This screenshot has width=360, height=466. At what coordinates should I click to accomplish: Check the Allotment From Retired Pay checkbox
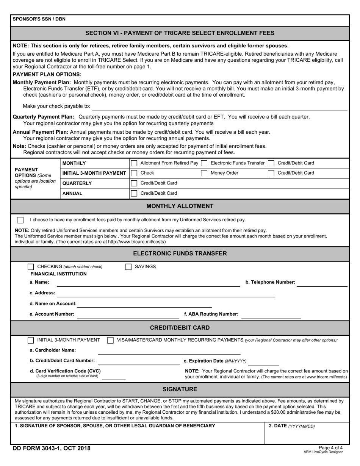(x=134, y=163)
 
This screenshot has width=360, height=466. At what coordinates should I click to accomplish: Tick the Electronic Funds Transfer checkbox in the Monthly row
(x=204, y=163)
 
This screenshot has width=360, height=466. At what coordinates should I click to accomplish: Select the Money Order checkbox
(x=204, y=173)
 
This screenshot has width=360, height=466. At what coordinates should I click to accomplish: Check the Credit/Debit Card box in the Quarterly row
(x=134, y=183)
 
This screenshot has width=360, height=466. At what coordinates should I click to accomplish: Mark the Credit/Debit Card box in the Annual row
(x=134, y=193)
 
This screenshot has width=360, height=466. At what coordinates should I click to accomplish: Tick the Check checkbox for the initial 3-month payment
(x=134, y=173)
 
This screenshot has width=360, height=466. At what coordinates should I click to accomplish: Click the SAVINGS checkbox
(x=128, y=267)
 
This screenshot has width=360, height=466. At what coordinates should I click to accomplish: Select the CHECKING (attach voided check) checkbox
(x=31, y=267)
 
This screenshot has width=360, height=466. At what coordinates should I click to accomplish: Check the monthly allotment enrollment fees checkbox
(x=20, y=220)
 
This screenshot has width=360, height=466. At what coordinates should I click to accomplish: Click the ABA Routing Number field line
(x=271, y=315)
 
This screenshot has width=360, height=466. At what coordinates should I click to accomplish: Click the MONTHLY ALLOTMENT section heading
(x=180, y=206)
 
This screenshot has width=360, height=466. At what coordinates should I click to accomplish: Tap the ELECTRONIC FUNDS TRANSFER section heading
(x=180, y=253)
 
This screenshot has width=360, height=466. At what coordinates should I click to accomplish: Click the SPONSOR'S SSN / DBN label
(x=39, y=19)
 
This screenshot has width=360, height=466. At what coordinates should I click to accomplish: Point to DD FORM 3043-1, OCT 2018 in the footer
(x=52, y=449)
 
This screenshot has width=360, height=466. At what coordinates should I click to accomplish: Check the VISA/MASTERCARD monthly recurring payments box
(x=110, y=340)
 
